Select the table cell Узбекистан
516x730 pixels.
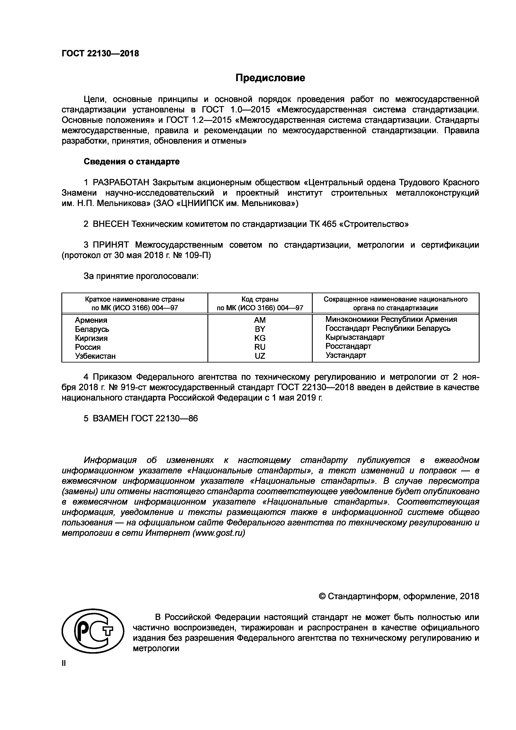(x=95, y=356)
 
